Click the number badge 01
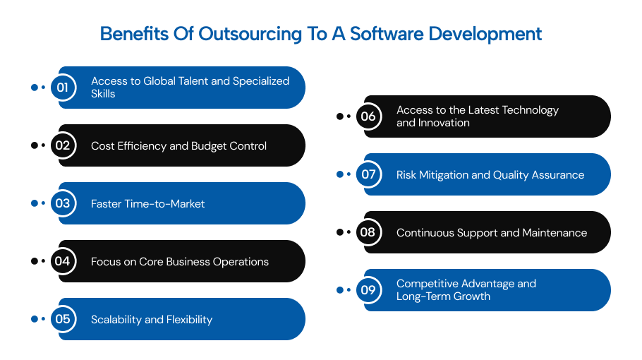[x=63, y=88]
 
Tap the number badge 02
[x=63, y=145]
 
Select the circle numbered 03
[x=63, y=203]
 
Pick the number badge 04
[x=63, y=261]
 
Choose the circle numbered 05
[x=63, y=319]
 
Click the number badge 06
[x=368, y=116]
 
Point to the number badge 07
[x=368, y=174]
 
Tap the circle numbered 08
[x=368, y=232]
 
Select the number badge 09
[x=368, y=290]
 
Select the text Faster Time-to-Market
[x=148, y=204]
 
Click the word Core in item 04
[x=151, y=262]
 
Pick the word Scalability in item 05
[x=116, y=320]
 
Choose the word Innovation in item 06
[x=443, y=123]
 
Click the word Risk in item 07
[x=408, y=175]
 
